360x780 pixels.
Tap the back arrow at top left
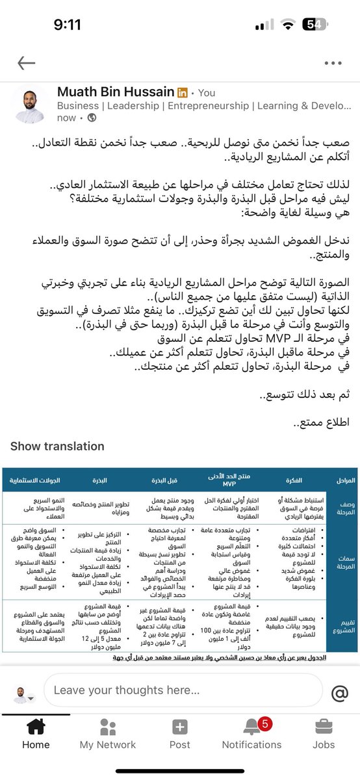(26, 63)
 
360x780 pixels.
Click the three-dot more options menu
(333, 63)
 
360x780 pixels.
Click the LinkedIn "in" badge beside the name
(183, 93)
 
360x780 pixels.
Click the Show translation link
(57, 447)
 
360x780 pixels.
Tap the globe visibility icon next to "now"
(92, 118)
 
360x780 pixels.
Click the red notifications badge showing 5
(264, 723)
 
